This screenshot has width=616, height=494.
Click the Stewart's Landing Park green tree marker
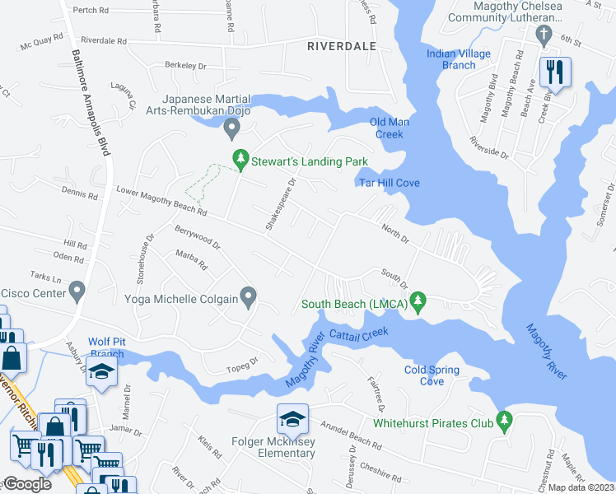240,158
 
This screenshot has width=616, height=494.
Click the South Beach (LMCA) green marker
419,302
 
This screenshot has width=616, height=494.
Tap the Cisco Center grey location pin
77,290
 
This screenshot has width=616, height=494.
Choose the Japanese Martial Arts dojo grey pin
232,128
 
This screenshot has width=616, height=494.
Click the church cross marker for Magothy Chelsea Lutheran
543,34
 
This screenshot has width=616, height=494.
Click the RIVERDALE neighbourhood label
341,47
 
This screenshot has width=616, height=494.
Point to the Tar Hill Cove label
390,183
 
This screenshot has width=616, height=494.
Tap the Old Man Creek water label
390,128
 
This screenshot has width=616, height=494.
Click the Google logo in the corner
29,485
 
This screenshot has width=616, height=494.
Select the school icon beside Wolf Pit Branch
102,373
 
